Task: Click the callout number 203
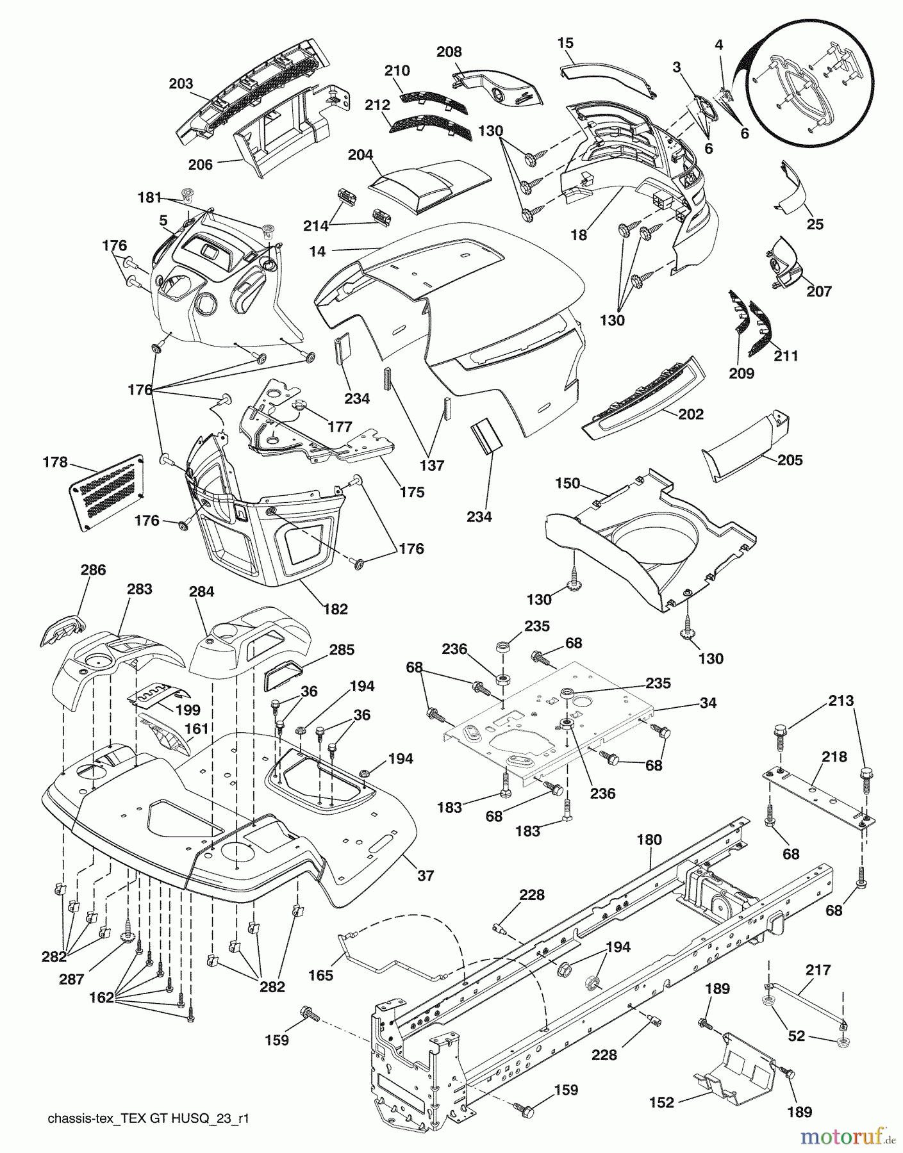181,83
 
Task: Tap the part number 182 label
336,609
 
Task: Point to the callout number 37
426,876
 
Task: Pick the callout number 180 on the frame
650,839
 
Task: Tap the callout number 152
662,1102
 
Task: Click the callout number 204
361,154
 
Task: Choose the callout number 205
790,460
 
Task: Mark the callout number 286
93,569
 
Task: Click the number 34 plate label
708,703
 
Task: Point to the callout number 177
340,427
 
